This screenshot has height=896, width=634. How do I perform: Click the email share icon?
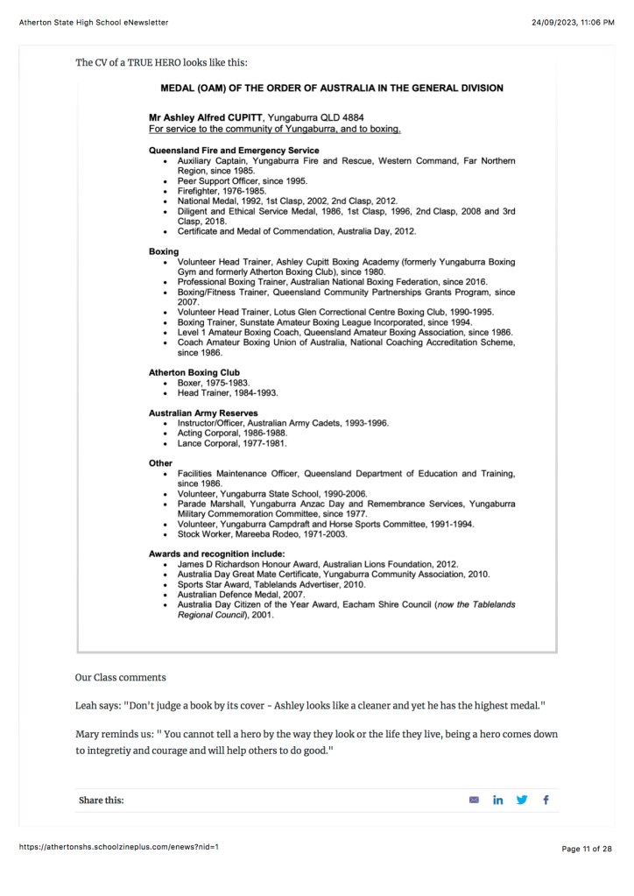[x=475, y=800]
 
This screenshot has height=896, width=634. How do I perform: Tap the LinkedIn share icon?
[x=498, y=800]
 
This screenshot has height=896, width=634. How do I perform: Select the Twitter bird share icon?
[x=523, y=800]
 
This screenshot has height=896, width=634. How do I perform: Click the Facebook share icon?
[x=546, y=800]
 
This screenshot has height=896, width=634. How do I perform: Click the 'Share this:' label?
[x=102, y=801]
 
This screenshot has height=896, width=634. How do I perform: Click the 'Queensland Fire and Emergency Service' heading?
[x=234, y=151]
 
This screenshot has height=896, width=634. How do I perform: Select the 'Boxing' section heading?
[x=164, y=251]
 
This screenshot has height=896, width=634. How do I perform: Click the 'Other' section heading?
[x=161, y=462]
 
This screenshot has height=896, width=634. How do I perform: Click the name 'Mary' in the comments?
[x=87, y=733]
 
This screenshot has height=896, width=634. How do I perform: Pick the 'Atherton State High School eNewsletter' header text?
[x=94, y=22]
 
